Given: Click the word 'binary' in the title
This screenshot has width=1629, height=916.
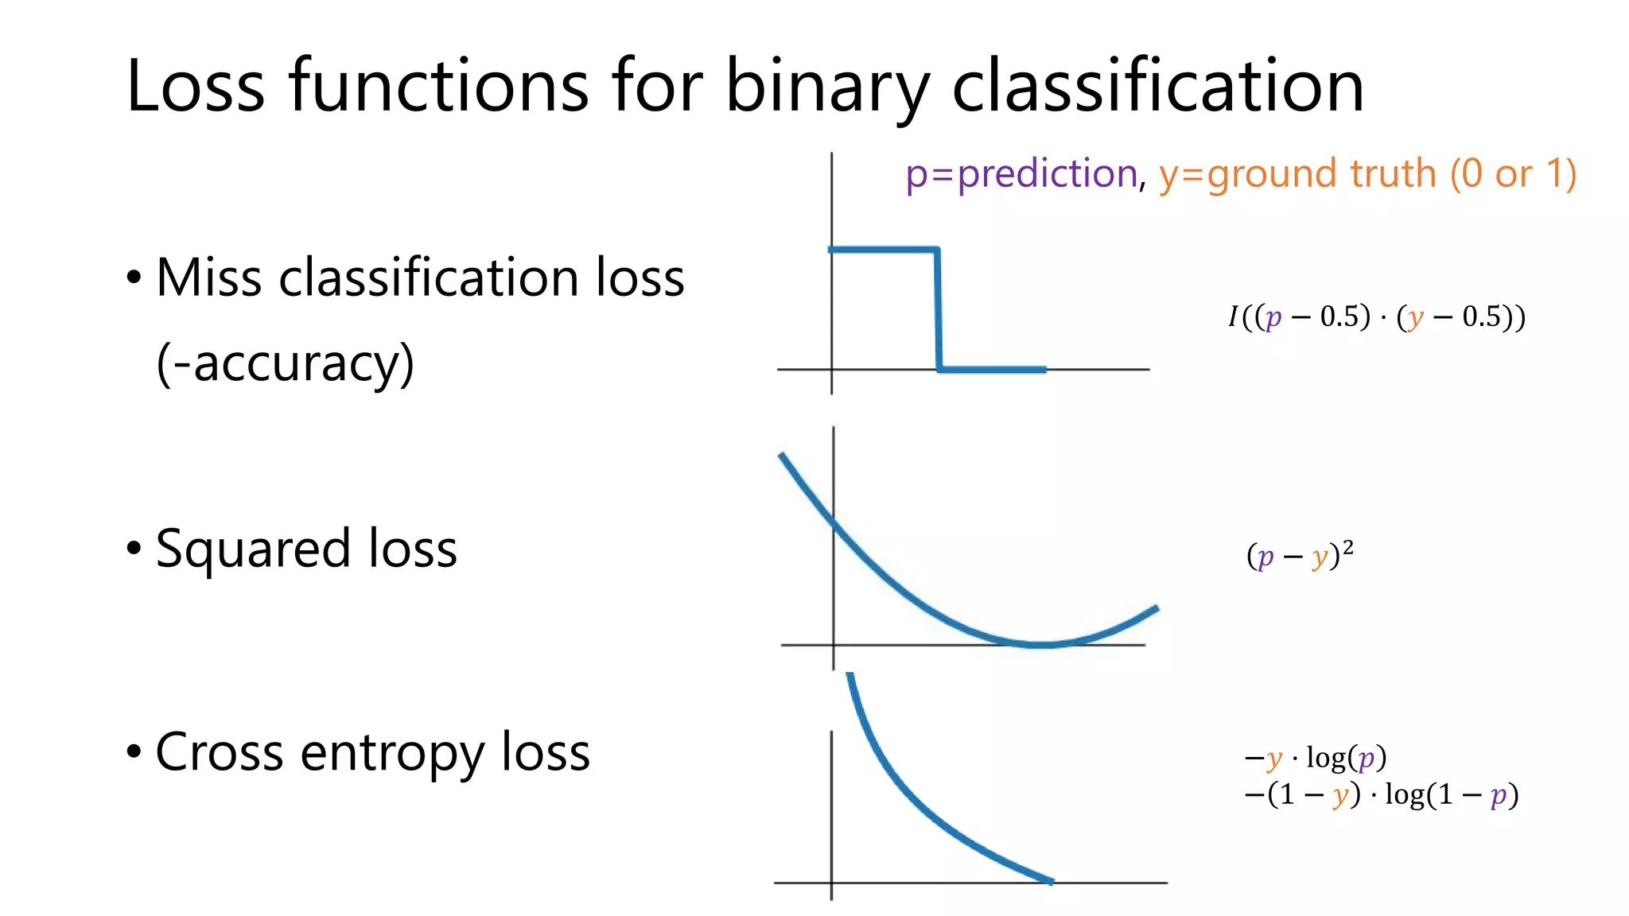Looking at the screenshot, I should coord(827,86).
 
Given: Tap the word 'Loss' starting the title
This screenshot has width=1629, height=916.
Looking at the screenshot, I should coord(195,86).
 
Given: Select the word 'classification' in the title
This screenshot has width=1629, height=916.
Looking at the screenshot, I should coord(1157,86).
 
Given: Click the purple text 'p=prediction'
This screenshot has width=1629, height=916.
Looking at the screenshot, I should coord(1021,173).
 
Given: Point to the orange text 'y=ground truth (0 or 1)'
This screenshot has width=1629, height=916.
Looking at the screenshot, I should coord(1367,173).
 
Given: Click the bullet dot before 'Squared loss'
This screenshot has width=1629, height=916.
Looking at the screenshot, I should coord(134,549).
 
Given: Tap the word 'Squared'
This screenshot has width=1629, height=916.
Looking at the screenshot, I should coord(252,549).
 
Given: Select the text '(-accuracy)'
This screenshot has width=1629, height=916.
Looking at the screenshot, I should coord(285,363).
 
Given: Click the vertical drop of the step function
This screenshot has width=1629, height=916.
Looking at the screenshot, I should coord(939,310).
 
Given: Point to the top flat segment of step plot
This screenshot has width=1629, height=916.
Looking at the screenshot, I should coord(883,250).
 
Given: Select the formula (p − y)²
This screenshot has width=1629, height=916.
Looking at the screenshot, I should coord(1300,555).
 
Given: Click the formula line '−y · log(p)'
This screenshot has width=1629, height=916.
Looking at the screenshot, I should coord(1316,758).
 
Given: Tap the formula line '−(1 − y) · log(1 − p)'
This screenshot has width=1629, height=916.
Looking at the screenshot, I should coord(1382,794).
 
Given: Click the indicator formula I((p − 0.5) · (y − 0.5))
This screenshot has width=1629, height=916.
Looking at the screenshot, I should coord(1377,317).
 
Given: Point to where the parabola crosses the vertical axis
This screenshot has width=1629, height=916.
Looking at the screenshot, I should coord(834,522).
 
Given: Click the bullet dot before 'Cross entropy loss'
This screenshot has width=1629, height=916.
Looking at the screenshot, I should coord(134,752).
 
